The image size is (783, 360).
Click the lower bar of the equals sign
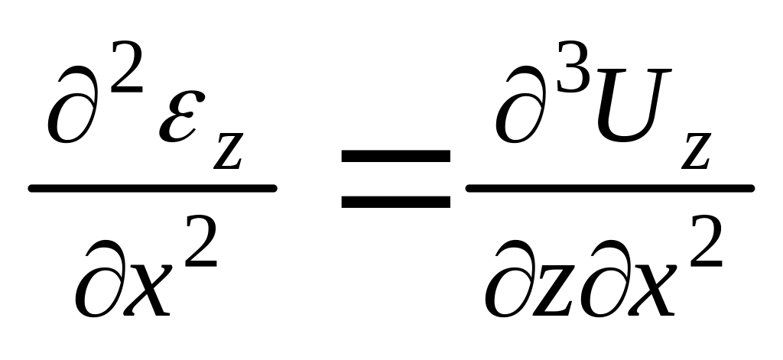pyautogui.click(x=395, y=202)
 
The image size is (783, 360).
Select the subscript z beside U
pyautogui.click(x=697, y=150)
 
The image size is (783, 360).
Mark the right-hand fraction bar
pyautogui.click(x=609, y=187)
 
